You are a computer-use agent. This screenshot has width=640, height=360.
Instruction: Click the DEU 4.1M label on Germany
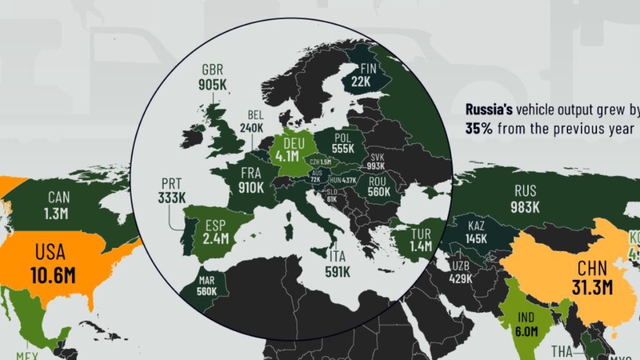point(290,148)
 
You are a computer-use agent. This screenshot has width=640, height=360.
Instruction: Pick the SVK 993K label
point(377,161)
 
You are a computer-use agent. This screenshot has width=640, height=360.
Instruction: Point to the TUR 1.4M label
point(421,239)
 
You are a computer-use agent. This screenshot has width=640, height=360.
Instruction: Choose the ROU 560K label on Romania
point(378,187)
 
